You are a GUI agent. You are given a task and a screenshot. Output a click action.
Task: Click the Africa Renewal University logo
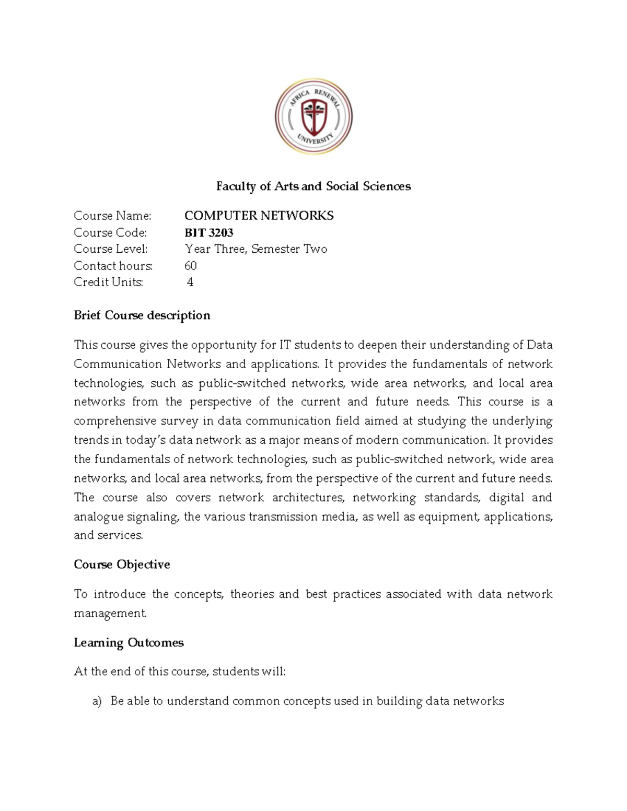[313, 116]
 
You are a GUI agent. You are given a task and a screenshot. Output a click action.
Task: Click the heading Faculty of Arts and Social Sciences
[313, 186]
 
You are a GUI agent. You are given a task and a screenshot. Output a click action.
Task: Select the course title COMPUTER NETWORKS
[259, 216]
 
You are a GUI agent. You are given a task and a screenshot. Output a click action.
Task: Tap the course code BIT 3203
[208, 232]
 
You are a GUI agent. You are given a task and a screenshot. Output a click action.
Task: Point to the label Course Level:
[111, 249]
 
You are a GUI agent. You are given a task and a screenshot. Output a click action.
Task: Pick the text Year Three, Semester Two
[256, 249]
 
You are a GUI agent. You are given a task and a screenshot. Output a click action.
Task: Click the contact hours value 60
[190, 266]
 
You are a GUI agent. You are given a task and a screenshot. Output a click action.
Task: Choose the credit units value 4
[190, 283]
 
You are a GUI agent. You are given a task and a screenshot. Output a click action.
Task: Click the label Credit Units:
[108, 283]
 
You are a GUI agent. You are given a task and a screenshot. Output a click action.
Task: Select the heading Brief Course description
[142, 315]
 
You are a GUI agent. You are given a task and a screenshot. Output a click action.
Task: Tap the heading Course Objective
[122, 565]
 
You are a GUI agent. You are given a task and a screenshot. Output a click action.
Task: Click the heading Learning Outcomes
[129, 642]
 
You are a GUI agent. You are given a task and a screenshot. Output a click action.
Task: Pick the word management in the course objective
[110, 613]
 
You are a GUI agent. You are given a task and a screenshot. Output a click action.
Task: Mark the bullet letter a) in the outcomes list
[97, 701]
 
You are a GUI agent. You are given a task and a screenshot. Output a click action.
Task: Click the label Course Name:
[112, 216]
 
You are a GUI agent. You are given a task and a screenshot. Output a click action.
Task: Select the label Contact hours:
[113, 266]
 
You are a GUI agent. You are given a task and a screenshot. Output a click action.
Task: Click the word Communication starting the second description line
[117, 364]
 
